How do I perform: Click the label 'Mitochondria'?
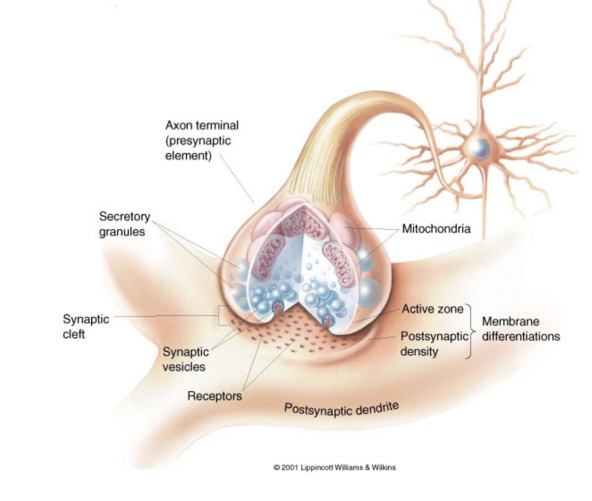pos(436,229)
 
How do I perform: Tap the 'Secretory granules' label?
pos(124,224)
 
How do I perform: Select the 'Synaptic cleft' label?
pos(86,327)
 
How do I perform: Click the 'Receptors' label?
pos(215,396)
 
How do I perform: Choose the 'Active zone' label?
pos(432,309)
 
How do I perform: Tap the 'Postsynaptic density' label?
pos(434,344)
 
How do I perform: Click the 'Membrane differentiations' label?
pos(520,329)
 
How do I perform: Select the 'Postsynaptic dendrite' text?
pos(341,408)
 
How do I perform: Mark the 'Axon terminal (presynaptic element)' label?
pos(202,140)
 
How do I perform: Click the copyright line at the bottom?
pos(334,467)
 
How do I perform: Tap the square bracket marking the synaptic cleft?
pos(220,316)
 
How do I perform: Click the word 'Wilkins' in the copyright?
pos(385,467)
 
